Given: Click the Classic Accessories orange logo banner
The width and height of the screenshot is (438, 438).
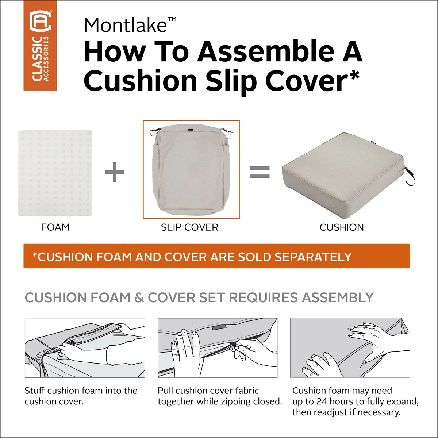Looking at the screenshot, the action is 40,46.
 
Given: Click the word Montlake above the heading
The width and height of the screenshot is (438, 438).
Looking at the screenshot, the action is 125,26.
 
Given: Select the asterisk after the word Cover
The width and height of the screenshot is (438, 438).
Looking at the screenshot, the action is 353,76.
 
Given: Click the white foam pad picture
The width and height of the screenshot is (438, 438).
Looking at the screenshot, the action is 55,173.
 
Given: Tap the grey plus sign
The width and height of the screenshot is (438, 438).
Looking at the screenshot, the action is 115,172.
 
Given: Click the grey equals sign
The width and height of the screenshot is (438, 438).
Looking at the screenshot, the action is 260,172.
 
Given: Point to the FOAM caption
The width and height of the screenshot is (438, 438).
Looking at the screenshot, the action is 55,227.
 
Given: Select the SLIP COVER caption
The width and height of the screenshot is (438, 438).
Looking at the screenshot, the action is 189,227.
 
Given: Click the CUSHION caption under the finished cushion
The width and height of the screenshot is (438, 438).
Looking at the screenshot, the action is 342,227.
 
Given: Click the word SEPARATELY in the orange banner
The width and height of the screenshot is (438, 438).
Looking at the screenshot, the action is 313,257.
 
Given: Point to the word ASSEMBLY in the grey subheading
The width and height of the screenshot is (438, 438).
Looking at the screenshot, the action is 338,297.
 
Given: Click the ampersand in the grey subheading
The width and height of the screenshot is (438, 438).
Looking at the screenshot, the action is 139,297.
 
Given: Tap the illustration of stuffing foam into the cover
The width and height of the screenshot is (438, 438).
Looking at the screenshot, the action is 85,348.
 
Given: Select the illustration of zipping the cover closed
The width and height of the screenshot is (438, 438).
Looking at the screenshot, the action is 218,348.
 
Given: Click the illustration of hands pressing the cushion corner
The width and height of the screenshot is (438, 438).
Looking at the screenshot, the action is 350,348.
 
